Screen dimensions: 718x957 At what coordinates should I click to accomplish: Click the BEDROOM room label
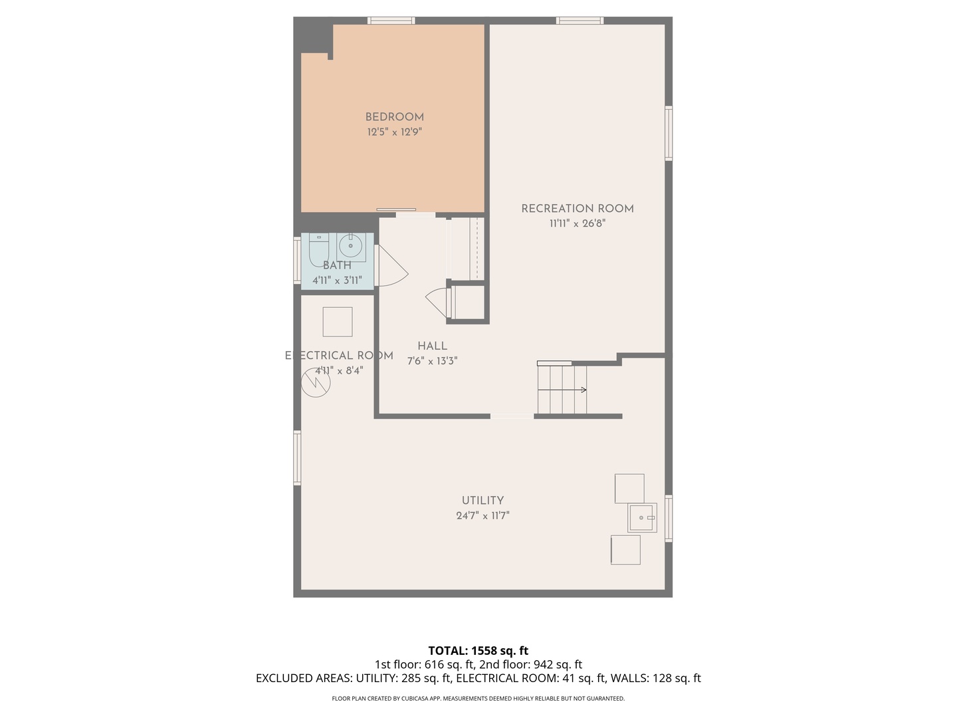(394, 117)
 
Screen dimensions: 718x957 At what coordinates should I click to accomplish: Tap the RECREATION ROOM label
(577, 209)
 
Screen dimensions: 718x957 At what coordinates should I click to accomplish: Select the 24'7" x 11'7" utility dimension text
(482, 515)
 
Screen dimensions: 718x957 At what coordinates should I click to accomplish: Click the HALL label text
(432, 346)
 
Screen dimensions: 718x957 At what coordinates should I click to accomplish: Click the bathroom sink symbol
(350, 247)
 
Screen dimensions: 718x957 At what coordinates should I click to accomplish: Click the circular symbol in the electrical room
(315, 383)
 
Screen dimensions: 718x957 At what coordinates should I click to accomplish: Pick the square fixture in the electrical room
(338, 322)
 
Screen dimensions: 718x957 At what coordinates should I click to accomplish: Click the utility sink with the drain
(642, 517)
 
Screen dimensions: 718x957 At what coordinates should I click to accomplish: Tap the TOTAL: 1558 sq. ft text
(478, 650)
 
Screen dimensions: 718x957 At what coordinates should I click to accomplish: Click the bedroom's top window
(391, 21)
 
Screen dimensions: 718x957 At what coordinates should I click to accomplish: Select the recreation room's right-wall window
(669, 133)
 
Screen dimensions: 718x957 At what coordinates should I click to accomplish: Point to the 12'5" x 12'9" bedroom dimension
(394, 132)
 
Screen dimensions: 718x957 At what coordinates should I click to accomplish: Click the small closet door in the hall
(438, 302)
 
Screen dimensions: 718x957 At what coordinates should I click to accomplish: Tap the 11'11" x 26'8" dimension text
(577, 223)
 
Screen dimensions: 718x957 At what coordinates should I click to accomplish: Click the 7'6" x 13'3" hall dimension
(432, 361)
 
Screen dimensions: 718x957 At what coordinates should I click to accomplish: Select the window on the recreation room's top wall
(580, 21)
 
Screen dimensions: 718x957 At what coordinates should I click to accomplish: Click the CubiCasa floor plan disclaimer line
(478, 698)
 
